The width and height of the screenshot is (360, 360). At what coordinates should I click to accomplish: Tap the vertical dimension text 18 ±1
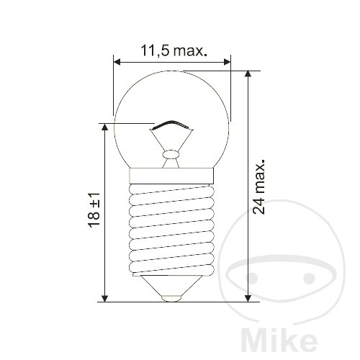[94, 210]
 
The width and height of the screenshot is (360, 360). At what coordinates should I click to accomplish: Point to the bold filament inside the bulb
[173, 125]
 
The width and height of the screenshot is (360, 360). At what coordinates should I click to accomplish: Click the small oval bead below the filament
[172, 153]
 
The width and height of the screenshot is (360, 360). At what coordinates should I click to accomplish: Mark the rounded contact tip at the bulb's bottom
[173, 296]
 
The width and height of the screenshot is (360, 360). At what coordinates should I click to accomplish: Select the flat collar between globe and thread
[173, 175]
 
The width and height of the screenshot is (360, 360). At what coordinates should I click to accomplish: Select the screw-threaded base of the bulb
[173, 227]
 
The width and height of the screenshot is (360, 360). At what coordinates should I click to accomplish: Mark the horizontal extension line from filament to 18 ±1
[130, 122]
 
